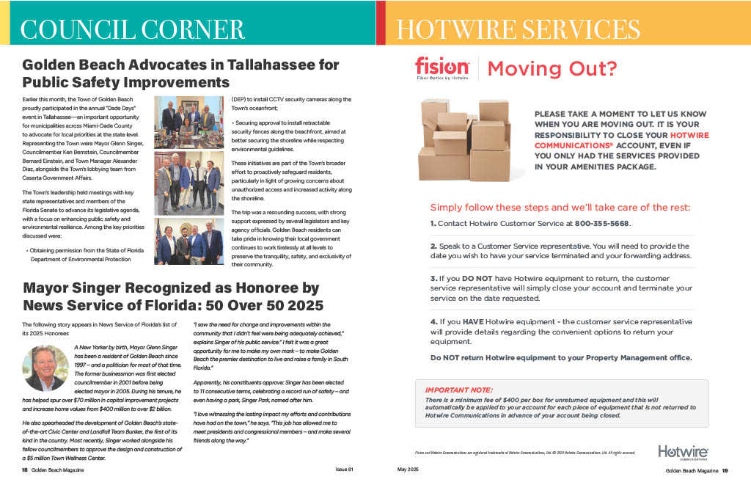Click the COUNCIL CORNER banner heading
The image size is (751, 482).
133,29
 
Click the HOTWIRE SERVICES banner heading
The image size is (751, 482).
518,29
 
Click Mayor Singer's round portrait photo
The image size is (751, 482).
46,368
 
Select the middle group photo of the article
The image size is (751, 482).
188,183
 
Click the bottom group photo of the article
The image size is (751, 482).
188,241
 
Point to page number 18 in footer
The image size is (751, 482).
25,470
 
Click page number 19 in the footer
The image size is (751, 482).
725,470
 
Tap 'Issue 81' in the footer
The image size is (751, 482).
345,469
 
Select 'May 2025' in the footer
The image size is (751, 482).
407,469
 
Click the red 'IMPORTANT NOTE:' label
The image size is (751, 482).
459,390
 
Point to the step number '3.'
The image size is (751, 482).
433,279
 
